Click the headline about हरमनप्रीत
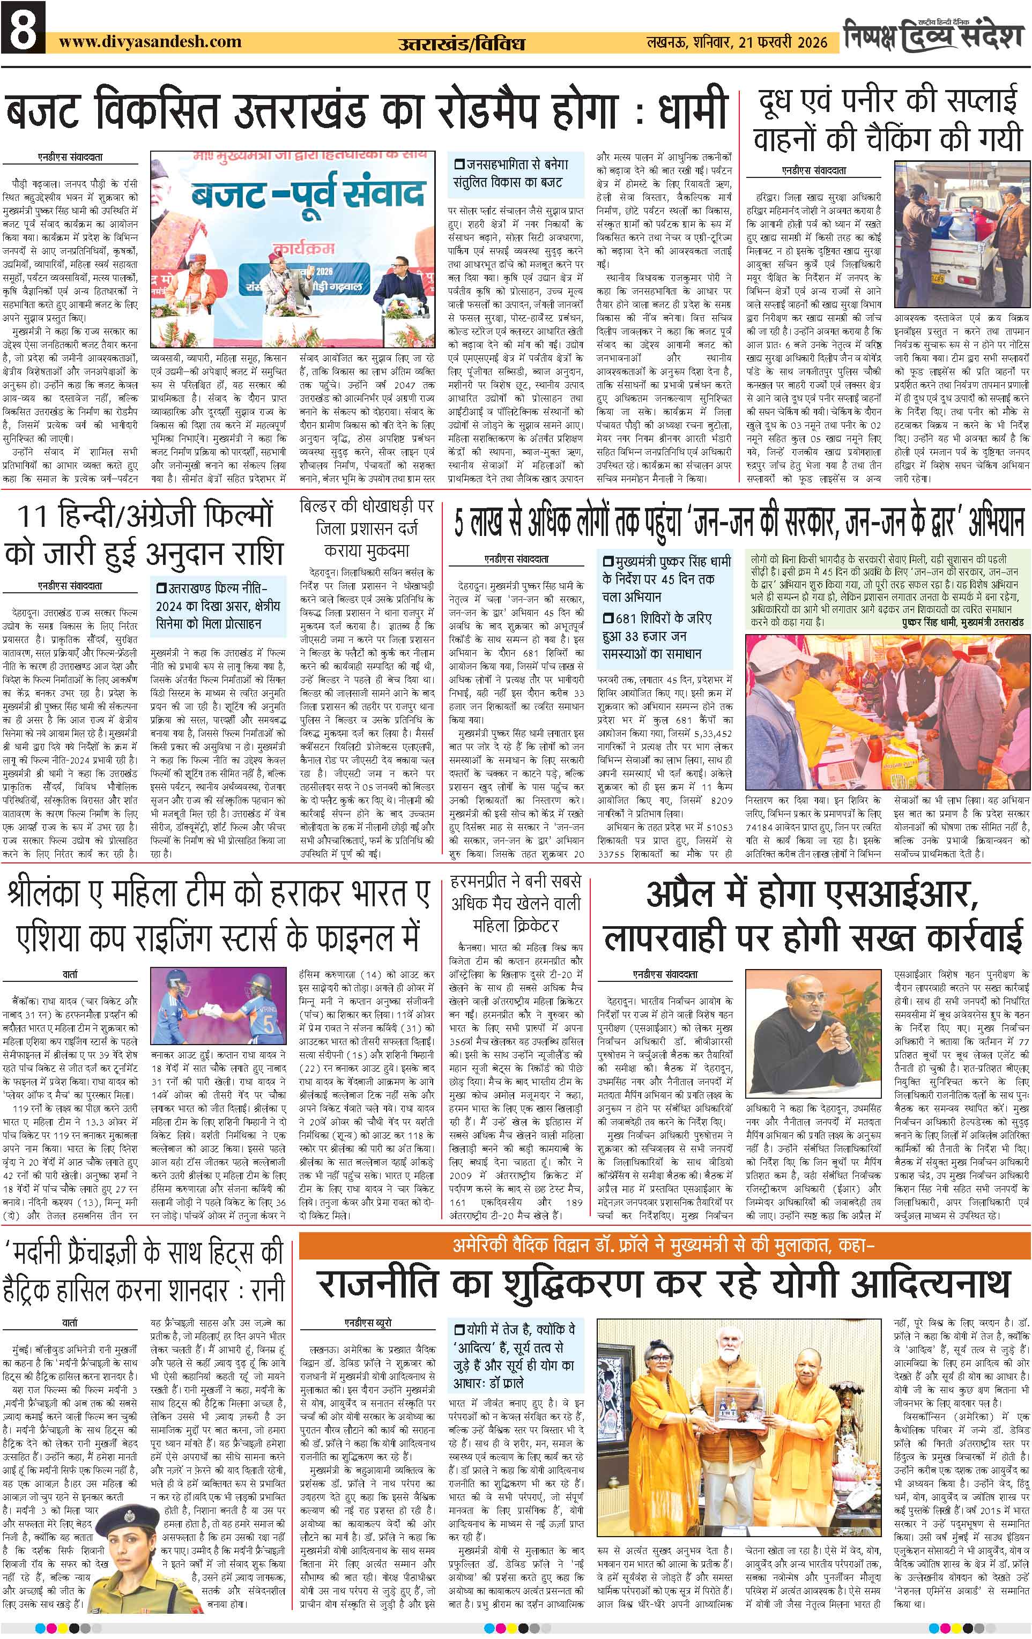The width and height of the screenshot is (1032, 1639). coord(515,904)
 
